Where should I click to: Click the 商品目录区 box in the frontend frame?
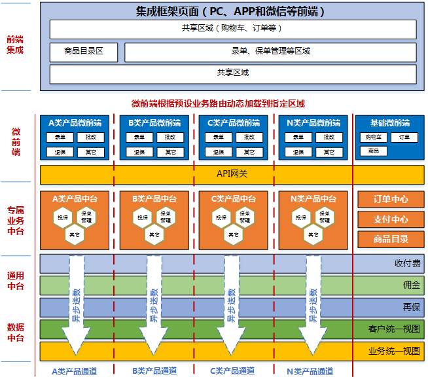[84, 52]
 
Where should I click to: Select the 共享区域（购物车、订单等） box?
[232, 29]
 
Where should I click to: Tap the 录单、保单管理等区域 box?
[270, 52]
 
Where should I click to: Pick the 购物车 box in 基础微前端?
[374, 137]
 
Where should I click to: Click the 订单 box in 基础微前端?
[404, 137]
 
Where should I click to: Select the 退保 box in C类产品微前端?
[219, 152]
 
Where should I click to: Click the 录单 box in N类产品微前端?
[298, 137]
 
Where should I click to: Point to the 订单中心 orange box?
[391, 199]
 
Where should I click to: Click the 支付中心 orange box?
[391, 219]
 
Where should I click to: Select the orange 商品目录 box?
[391, 239]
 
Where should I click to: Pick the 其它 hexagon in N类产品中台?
[312, 233]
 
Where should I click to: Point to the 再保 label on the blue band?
[411, 307]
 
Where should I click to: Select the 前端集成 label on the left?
[16, 45]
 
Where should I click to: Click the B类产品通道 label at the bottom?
[154, 371]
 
